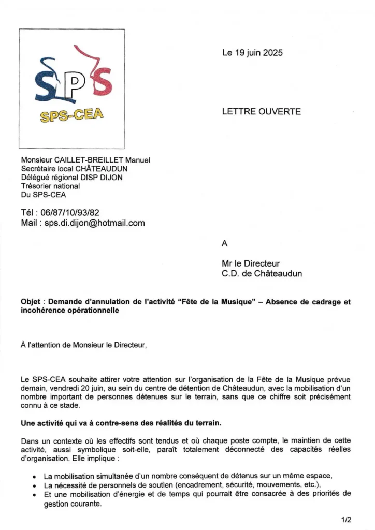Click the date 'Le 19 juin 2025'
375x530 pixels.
[x=252, y=53]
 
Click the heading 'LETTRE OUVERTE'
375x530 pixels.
[x=261, y=111]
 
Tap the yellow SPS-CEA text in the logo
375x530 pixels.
[x=72, y=115]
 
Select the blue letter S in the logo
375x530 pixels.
[x=46, y=83]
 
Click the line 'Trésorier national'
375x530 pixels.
[x=51, y=186]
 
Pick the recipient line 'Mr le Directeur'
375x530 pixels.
[x=250, y=263]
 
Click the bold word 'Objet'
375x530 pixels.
[x=32, y=302]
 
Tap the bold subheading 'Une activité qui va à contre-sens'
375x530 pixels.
[x=121, y=423]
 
